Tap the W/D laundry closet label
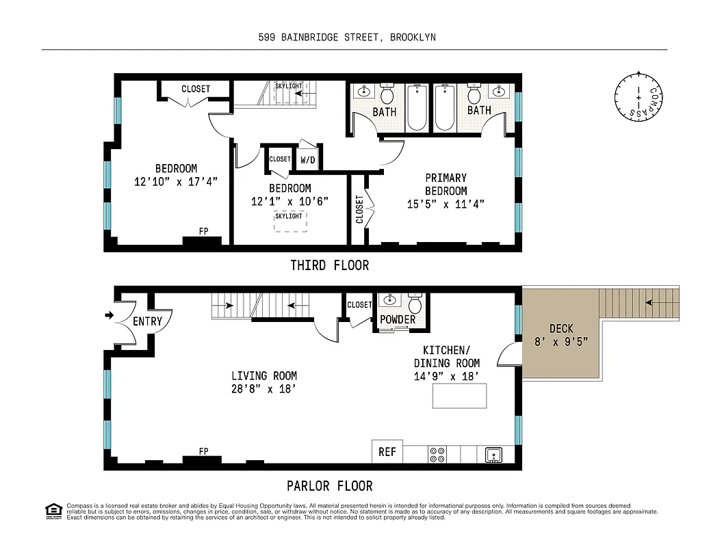tap(308, 160)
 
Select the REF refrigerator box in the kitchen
tap(387, 452)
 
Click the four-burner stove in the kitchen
tap(437, 455)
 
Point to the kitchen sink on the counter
tap(494, 455)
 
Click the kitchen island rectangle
tap(459, 396)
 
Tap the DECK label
tap(561, 329)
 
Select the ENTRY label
tap(147, 321)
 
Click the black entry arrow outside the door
tap(108, 315)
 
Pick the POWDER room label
tap(398, 319)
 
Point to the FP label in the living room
tap(203, 451)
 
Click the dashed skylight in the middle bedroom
tap(289, 222)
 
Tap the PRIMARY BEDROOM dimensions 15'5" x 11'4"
tap(446, 204)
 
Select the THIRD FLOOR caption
tap(329, 265)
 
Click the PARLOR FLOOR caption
tap(329, 486)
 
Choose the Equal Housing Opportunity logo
tap(53, 510)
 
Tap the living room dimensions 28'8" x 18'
tap(263, 389)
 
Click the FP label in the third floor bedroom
tap(203, 231)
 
